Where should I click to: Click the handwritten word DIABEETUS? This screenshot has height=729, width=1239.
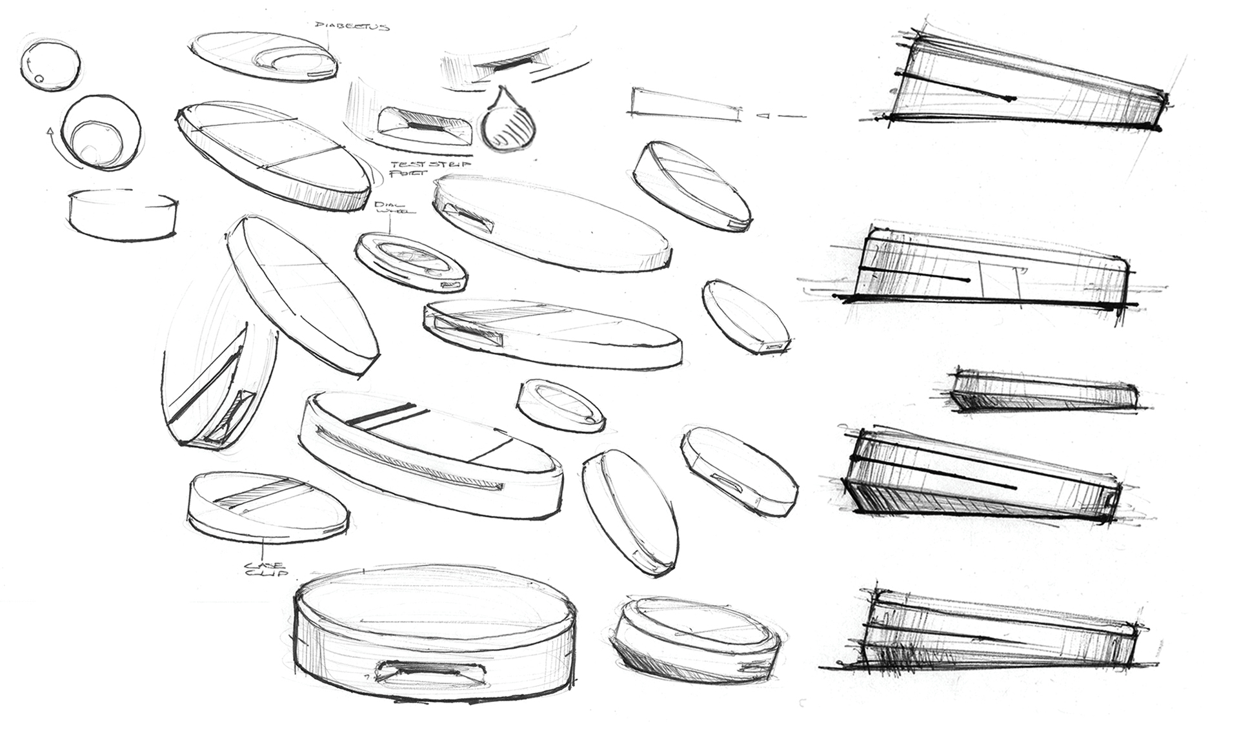tap(352, 26)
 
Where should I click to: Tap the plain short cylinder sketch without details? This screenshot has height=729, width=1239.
tap(122, 214)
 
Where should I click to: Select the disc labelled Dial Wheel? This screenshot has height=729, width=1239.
tap(411, 263)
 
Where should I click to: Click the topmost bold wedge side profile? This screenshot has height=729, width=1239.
tap(1026, 81)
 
